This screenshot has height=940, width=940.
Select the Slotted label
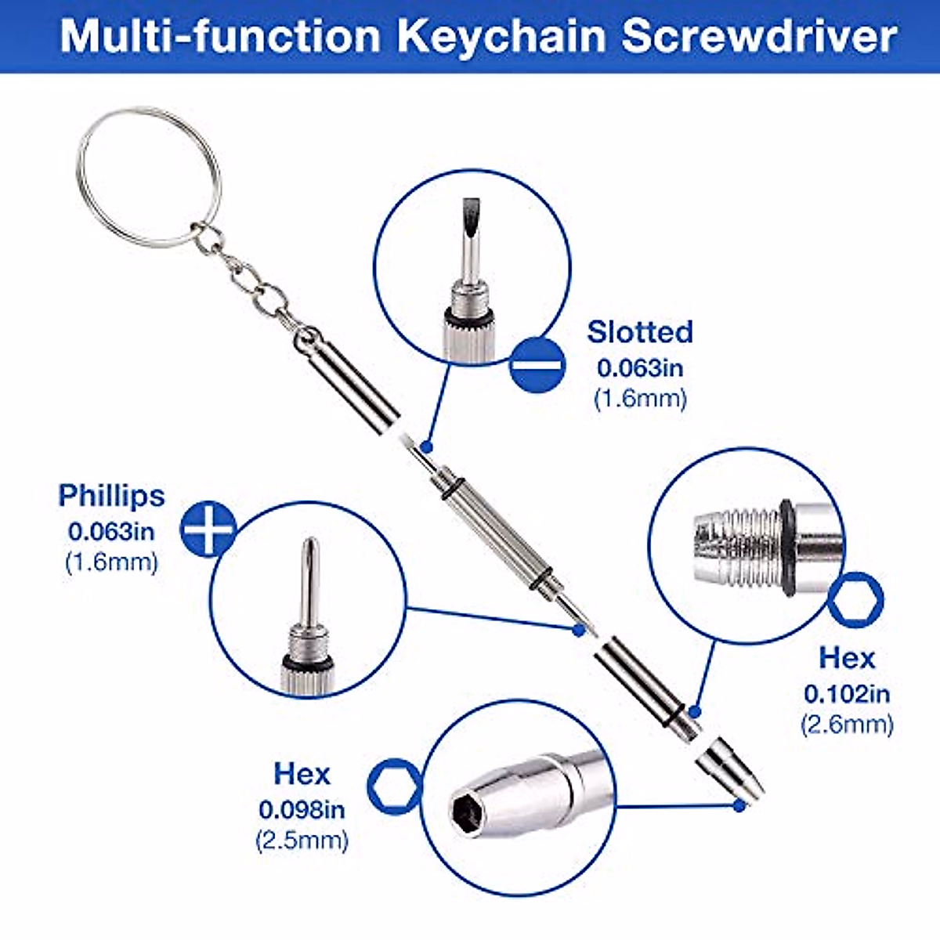[640, 331]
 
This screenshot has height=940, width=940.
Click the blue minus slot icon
[537, 364]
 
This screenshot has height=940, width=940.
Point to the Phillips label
[111, 496]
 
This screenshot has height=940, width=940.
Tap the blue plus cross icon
[208, 530]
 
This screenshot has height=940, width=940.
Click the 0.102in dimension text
[847, 693]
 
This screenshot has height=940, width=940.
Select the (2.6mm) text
[847, 725]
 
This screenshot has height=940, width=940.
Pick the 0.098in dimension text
[302, 808]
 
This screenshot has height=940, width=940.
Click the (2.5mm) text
[302, 841]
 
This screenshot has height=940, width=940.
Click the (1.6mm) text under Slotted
[640, 399]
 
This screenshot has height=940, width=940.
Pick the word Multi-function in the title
[220, 37]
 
